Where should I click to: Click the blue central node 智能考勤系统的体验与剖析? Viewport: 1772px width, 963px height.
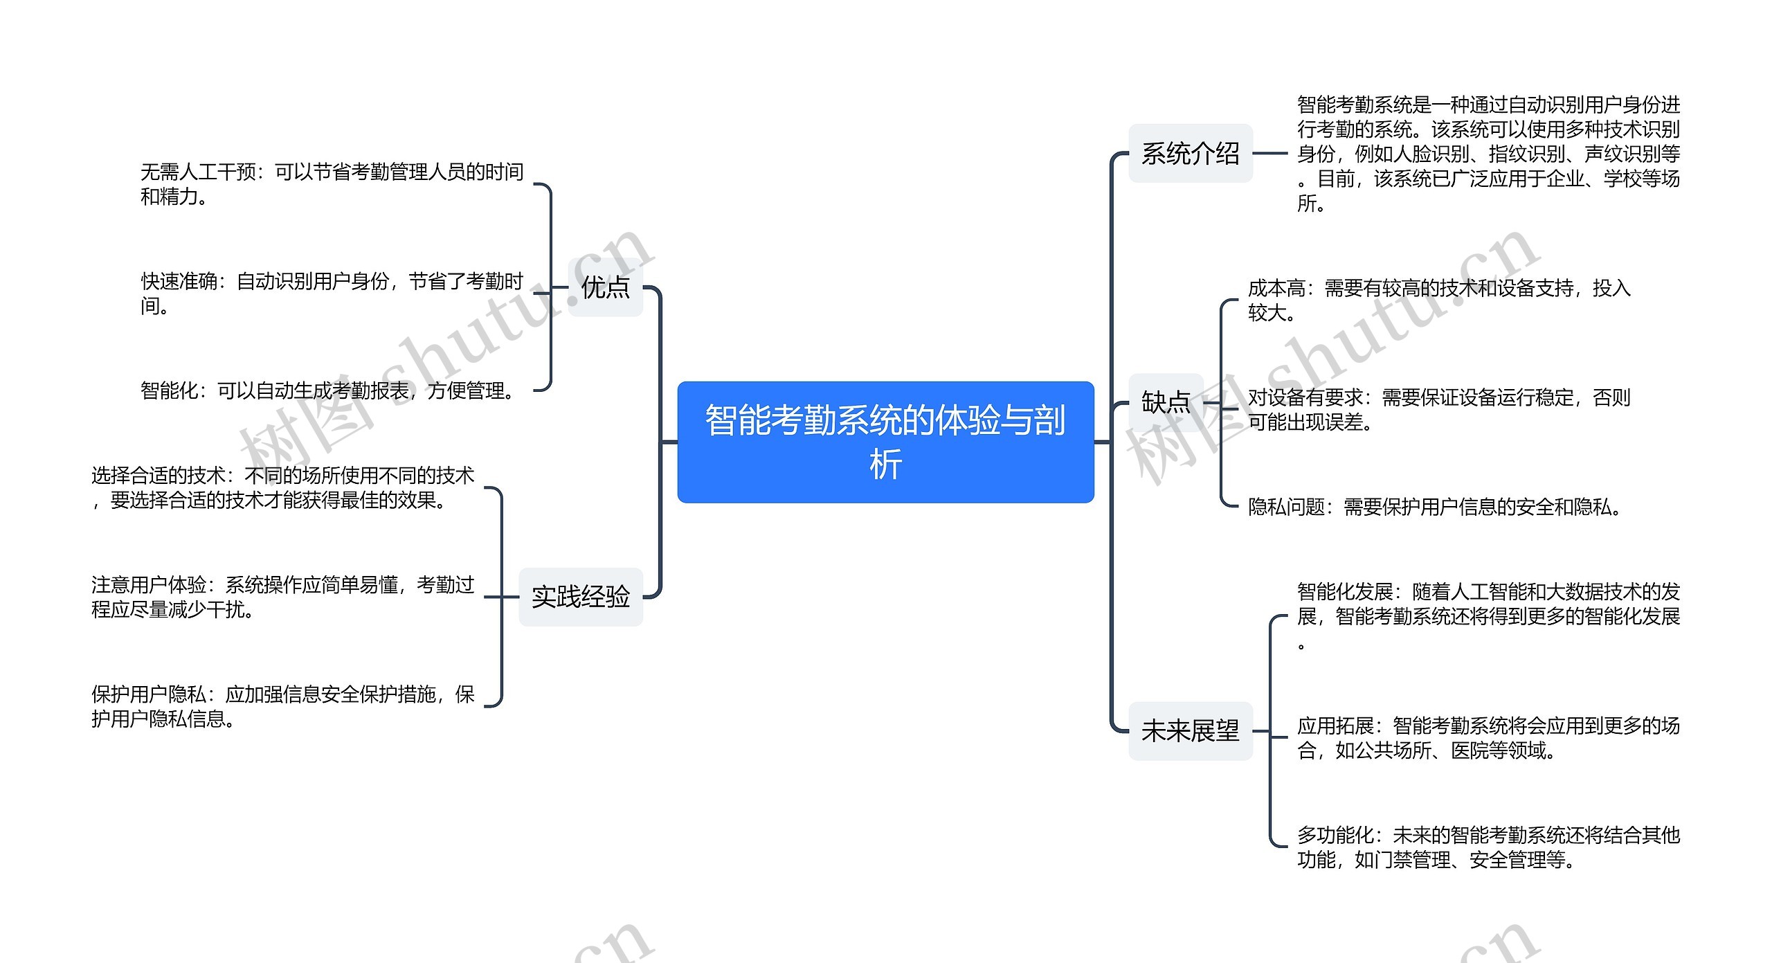[885, 441]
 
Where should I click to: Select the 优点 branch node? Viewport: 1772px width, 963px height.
[605, 287]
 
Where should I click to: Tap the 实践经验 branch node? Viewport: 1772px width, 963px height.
[581, 597]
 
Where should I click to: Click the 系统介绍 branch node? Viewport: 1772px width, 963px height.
[1190, 154]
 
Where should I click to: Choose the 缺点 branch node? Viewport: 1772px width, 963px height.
[1166, 402]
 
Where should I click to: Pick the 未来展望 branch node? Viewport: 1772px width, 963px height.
[1190, 731]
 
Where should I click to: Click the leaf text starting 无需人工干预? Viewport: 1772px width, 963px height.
[332, 184]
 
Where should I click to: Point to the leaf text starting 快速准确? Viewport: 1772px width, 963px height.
[332, 294]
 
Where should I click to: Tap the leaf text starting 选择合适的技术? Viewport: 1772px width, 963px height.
[282, 487]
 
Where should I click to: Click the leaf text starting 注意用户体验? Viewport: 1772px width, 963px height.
[282, 597]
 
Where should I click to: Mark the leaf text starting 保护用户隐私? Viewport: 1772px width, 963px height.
[282, 706]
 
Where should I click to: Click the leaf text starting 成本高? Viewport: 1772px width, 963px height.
[1438, 300]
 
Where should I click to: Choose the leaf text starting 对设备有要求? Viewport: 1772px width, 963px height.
[1438, 409]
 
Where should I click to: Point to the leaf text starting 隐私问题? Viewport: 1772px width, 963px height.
[1434, 507]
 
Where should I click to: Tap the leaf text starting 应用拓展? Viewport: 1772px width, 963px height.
[1488, 738]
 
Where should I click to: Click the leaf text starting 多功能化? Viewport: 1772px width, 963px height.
[1488, 847]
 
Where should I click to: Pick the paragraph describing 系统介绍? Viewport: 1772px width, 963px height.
[1488, 154]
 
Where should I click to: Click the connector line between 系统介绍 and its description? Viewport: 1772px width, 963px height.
[1270, 154]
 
